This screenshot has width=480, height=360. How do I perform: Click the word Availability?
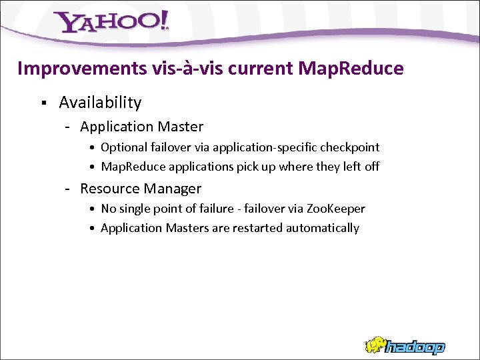100,103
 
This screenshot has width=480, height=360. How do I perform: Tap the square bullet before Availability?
43,103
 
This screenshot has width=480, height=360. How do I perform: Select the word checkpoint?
351,147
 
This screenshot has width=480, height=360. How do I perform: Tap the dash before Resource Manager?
68,189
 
